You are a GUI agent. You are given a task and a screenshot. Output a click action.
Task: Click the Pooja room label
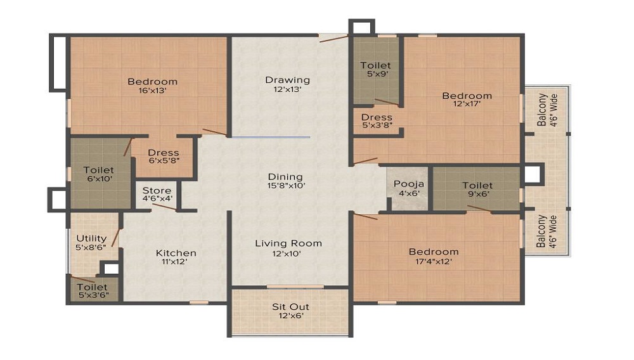pos(409,184)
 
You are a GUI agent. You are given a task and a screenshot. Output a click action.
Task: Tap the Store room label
pos(157,190)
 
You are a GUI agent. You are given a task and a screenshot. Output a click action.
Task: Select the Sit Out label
pos(291,307)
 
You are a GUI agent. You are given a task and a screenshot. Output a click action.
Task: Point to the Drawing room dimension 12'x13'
pos(287,89)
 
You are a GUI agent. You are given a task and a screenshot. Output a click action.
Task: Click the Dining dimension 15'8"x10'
pos(286,186)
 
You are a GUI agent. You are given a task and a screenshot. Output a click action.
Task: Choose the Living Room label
pos(288,243)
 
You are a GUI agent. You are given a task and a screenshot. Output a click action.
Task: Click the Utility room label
pos(91,238)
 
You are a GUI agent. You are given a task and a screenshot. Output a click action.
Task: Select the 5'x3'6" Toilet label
pos(93,287)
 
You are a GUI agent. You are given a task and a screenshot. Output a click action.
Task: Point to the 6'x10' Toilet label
pos(99,170)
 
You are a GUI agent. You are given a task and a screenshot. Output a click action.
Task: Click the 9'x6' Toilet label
pos(477,186)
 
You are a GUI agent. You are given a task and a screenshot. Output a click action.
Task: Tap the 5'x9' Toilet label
pos(375,65)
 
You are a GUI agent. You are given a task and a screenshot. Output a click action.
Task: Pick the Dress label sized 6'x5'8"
pos(164,153)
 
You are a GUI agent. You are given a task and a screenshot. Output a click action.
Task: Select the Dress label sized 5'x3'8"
pos(377,117)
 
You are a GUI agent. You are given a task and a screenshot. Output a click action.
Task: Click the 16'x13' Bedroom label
pos(152,81)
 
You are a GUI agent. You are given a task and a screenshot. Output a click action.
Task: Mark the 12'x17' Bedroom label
pos(467,96)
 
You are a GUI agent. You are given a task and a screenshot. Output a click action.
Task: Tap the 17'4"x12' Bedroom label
pos(434,252)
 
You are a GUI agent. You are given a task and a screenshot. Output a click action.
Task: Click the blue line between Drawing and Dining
pos(271,137)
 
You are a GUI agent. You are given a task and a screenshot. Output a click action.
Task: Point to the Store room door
pos(164,207)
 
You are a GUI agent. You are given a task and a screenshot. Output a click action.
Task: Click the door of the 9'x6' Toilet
pos(479,209)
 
